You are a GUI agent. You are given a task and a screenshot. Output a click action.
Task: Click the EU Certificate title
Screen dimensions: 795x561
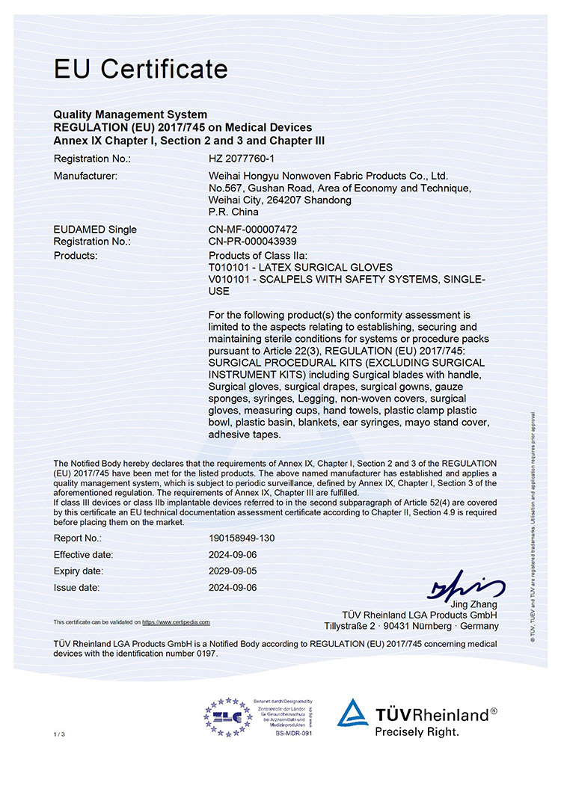click(x=141, y=69)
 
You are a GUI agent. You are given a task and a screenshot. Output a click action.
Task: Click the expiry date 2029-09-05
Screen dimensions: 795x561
click(x=233, y=571)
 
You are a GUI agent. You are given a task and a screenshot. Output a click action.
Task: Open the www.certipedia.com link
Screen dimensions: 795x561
click(x=176, y=622)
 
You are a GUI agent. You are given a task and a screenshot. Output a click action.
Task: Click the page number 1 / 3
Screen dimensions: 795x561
click(x=60, y=735)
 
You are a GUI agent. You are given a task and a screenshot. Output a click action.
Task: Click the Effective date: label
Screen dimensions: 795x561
click(x=84, y=554)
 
